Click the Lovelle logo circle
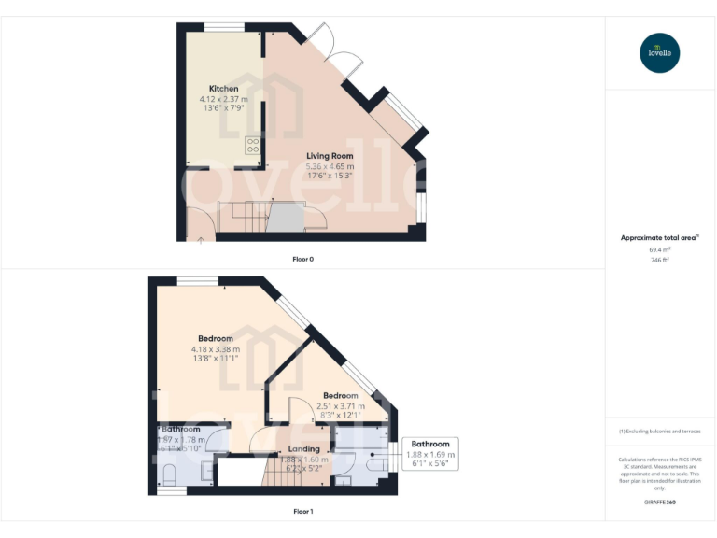click(660, 52)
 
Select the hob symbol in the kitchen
click(252, 145)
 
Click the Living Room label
click(330, 157)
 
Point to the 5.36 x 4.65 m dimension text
click(330, 166)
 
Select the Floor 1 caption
click(302, 512)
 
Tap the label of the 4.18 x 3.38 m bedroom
click(216, 338)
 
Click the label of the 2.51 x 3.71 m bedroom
click(341, 396)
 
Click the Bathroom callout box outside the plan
click(429, 453)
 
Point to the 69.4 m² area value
click(659, 249)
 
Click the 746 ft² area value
click(659, 260)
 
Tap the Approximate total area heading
click(659, 238)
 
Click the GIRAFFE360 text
click(659, 503)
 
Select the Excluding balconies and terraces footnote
click(660, 432)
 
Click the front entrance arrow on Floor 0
click(200, 240)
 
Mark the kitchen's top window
click(224, 27)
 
